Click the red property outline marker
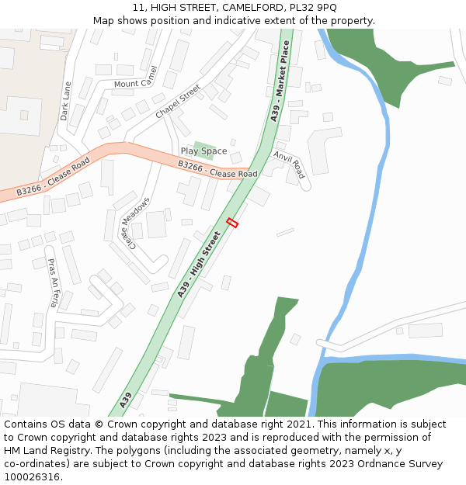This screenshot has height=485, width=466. pyautogui.click(x=231, y=223)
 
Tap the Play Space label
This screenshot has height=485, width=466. pyautogui.click(x=203, y=151)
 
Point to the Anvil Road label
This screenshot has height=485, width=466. pyautogui.click(x=289, y=169)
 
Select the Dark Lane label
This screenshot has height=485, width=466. pyautogui.click(x=65, y=101)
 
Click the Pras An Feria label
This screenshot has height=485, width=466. pyautogui.click(x=52, y=283)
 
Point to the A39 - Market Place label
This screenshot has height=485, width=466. pyautogui.click(x=280, y=81)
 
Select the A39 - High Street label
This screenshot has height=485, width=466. pyautogui.click(x=200, y=263)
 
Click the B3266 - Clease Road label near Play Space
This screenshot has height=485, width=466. pyautogui.click(x=217, y=169)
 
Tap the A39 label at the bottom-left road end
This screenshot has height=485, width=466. pyautogui.click(x=126, y=400)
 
